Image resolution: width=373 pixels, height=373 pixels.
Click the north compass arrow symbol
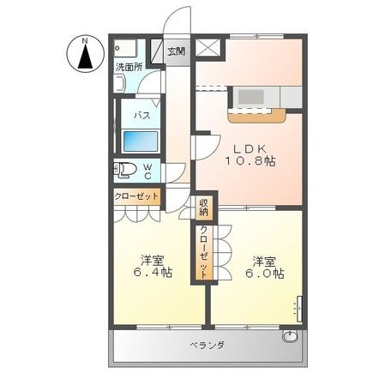coord(85,53)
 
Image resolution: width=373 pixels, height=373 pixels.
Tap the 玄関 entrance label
coord(176,51)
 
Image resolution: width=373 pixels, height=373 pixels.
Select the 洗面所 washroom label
coord(129,67)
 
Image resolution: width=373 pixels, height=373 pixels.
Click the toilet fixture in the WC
coord(125,170)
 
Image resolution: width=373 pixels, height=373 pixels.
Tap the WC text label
coord(147,171)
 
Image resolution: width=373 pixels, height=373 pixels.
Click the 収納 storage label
coord(203,206)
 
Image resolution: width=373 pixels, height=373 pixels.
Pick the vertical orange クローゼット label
coord(203,248)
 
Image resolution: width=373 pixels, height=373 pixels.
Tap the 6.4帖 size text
coord(153,272)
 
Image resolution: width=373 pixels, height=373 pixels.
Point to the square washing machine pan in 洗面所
coord(129,48)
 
